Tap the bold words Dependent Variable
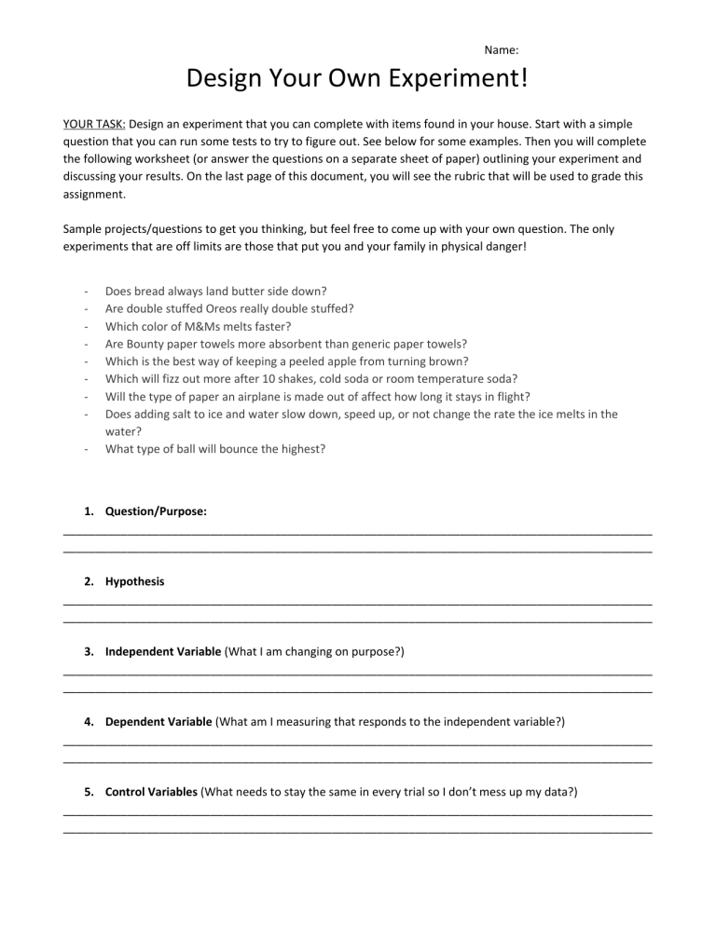[x=158, y=721]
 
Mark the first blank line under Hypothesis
[x=357, y=603]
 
